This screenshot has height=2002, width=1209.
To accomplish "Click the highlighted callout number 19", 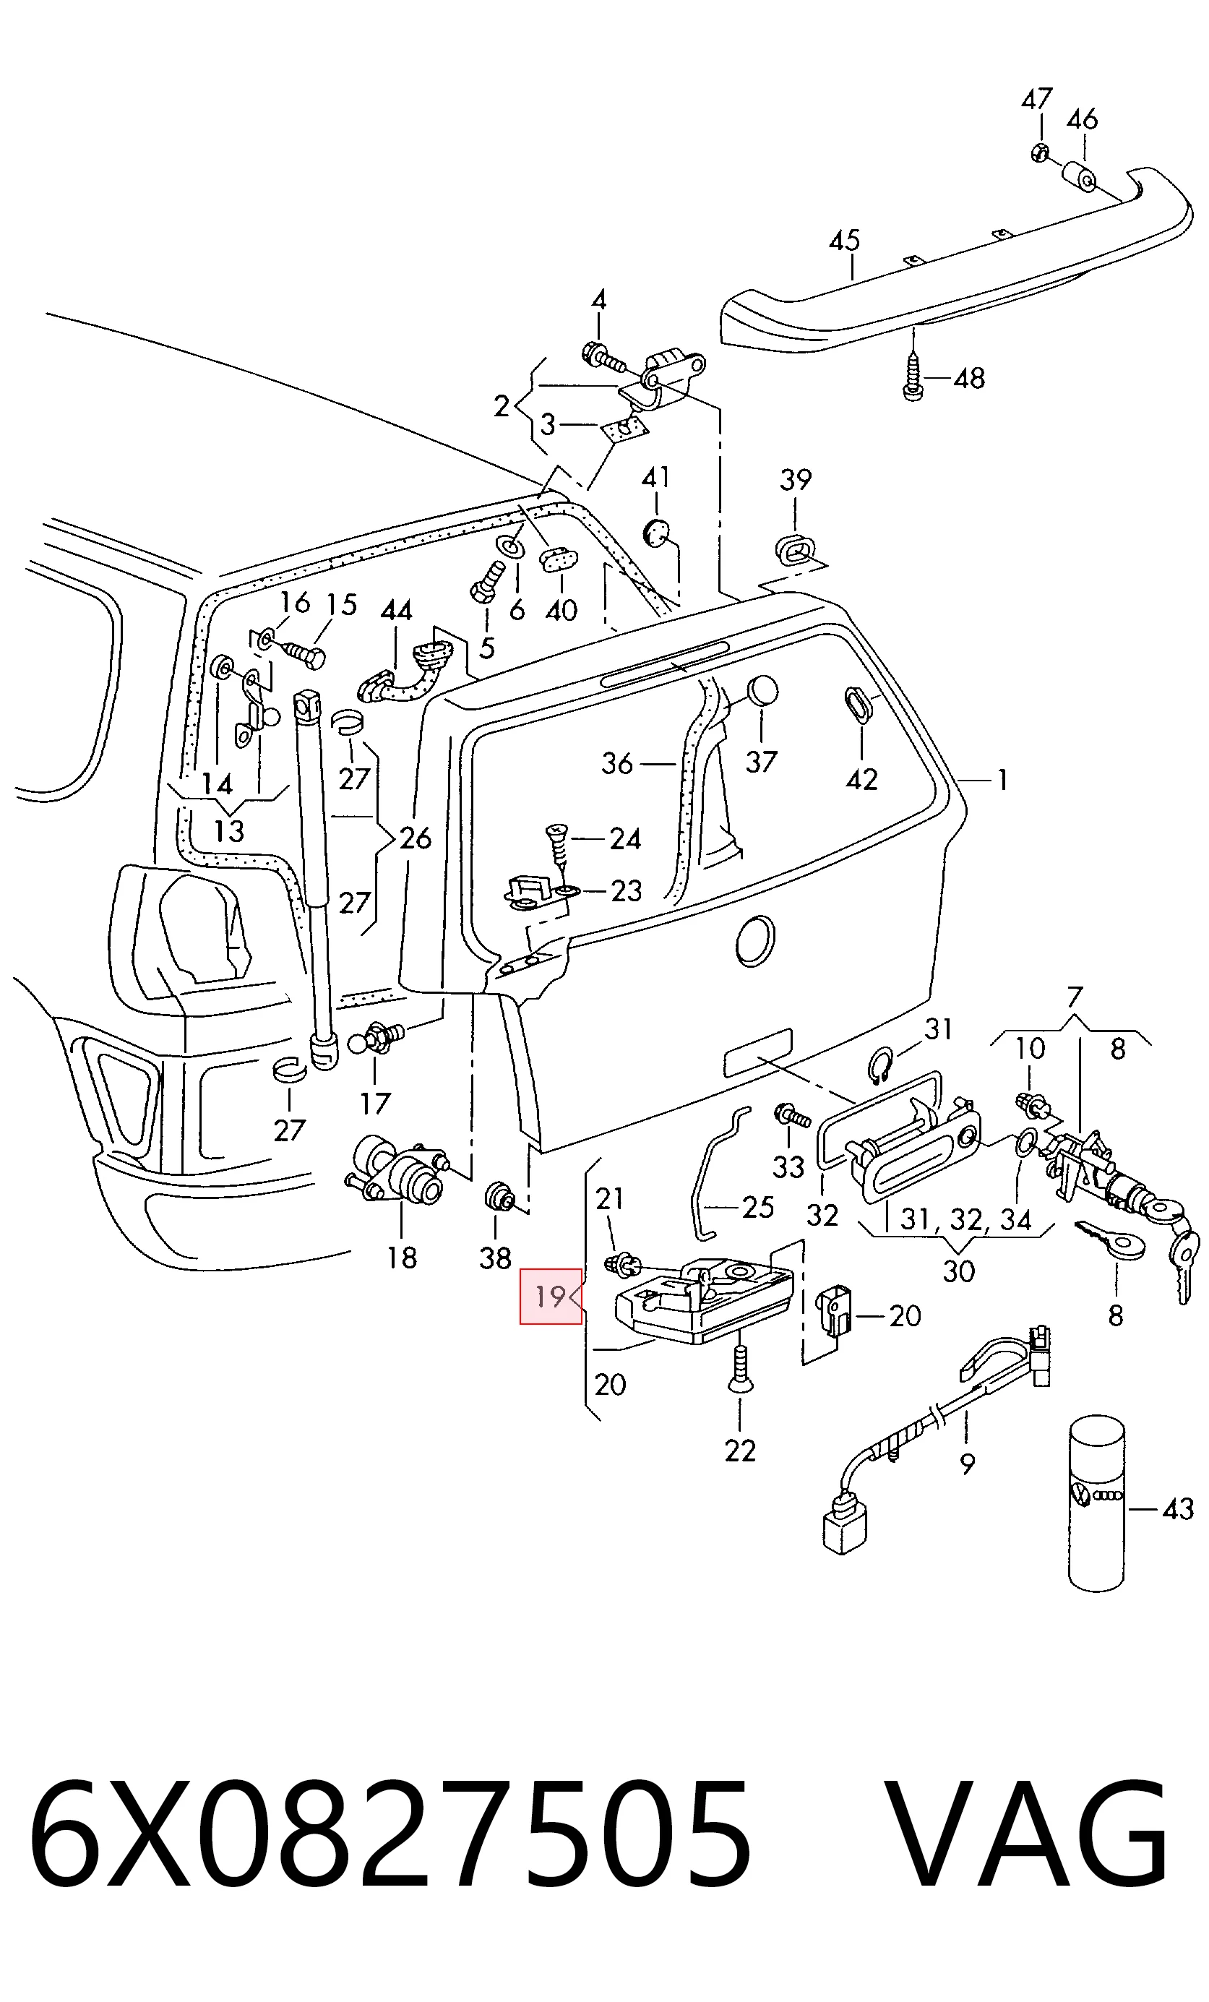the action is point(551,1296).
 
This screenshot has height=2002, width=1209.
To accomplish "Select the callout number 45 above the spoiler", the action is point(844,241).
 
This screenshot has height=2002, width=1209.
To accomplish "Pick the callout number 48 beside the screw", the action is point(968,379).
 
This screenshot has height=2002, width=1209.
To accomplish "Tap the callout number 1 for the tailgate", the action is point(1002,781).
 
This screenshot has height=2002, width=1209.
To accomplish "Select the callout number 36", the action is point(616,764).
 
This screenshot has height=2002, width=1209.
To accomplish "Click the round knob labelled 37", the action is point(762,691).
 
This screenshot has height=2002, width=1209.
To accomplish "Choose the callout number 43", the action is point(1178,1509).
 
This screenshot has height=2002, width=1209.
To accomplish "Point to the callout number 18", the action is point(401,1258).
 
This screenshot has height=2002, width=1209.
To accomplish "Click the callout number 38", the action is point(495,1258).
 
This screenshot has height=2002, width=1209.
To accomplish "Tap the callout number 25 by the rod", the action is point(757,1208).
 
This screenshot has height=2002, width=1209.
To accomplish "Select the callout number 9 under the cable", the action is point(967,1464).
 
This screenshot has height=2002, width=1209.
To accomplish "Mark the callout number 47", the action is point(1037,99).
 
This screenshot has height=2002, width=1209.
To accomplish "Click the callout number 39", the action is point(796,479).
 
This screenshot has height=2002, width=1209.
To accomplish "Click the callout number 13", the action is point(228,831).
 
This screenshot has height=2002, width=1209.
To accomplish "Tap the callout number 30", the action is point(959,1271).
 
